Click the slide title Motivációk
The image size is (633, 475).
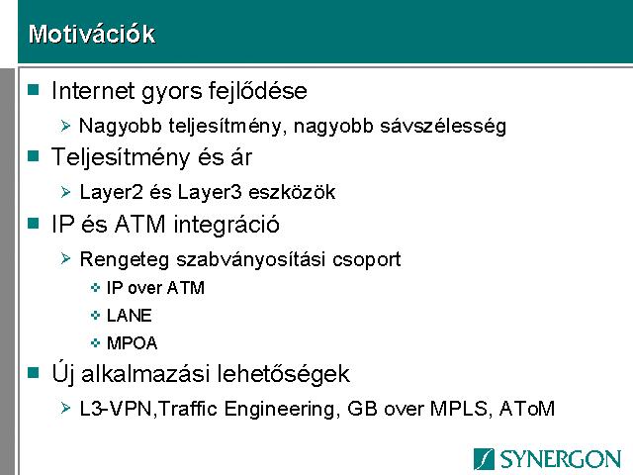(92, 34)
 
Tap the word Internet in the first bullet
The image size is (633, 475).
(93, 90)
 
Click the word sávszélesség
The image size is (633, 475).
(443, 126)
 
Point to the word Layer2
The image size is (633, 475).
(112, 192)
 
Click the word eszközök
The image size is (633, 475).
(292, 192)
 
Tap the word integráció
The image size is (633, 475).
(226, 225)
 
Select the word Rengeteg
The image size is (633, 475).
(125, 259)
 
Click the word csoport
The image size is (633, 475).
(367, 259)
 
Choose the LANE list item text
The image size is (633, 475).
(130, 316)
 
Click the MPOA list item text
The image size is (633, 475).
(132, 343)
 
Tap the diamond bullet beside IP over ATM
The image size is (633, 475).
(95, 288)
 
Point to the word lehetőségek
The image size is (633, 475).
(284, 374)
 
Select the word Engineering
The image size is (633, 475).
(279, 409)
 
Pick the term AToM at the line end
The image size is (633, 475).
(526, 409)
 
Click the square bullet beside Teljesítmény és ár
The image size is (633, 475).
(33, 156)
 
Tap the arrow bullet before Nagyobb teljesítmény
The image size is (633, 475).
(65, 126)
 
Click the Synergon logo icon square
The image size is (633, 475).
(484, 459)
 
